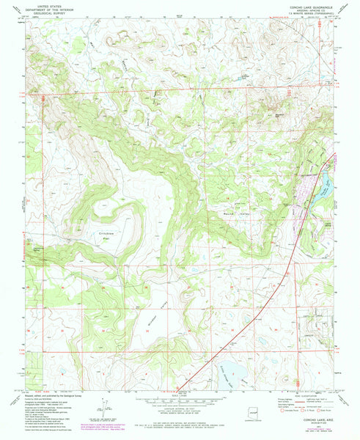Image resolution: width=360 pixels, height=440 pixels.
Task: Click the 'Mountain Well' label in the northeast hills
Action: pos(278,114)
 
